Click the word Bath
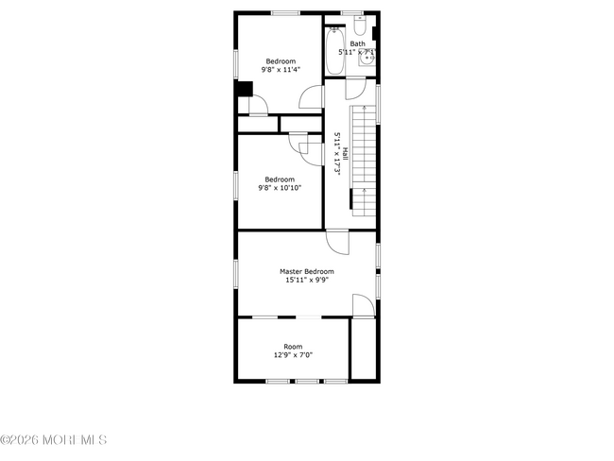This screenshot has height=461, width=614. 358,43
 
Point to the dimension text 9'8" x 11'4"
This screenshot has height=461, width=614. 281,69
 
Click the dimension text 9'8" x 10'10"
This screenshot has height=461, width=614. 279,188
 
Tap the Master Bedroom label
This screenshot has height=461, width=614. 306,271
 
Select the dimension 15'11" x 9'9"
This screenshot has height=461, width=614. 306,280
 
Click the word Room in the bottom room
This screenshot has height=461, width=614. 293,347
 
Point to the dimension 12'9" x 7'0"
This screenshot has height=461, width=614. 293,355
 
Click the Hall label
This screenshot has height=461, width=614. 346,153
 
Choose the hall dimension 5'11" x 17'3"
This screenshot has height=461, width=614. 336,153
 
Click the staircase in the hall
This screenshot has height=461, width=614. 364,156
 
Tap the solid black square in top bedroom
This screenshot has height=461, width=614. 243,90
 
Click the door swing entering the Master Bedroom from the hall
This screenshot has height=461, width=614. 338,242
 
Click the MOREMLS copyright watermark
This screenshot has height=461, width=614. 54,440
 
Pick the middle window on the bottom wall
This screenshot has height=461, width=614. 306,382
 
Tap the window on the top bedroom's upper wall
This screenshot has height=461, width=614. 285,12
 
